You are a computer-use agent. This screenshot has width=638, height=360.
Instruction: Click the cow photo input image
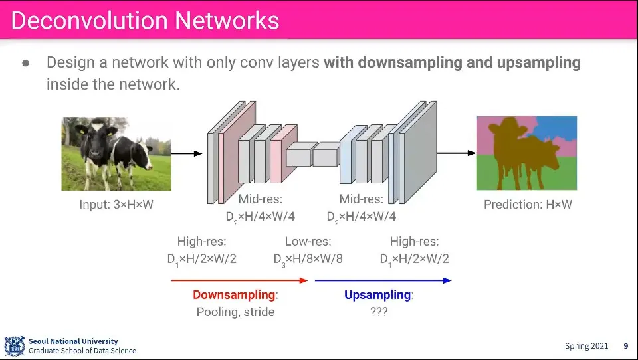[116, 153]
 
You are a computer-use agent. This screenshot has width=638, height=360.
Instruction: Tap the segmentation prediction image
[526, 153]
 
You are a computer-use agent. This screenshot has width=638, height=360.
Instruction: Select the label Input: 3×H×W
[116, 205]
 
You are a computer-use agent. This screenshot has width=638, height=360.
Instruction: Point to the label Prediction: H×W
[528, 205]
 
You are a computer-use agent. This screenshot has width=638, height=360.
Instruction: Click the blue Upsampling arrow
[383, 280]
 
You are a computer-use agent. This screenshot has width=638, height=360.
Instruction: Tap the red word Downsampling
[234, 295]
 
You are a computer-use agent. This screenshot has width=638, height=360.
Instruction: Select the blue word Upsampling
[377, 295]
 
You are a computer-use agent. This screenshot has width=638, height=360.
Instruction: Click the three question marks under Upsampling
[379, 312]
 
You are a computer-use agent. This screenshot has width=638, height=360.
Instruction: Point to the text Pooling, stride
[235, 312]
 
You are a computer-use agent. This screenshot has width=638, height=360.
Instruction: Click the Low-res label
[308, 242]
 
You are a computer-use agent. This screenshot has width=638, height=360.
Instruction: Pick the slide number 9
[625, 346]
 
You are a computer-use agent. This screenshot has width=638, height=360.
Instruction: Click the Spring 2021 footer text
[586, 346]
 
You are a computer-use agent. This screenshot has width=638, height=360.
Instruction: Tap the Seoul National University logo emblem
[14, 346]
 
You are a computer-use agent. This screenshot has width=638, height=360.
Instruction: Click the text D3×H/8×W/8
[308, 258]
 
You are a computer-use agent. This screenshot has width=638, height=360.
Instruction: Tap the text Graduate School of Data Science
[82, 351]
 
